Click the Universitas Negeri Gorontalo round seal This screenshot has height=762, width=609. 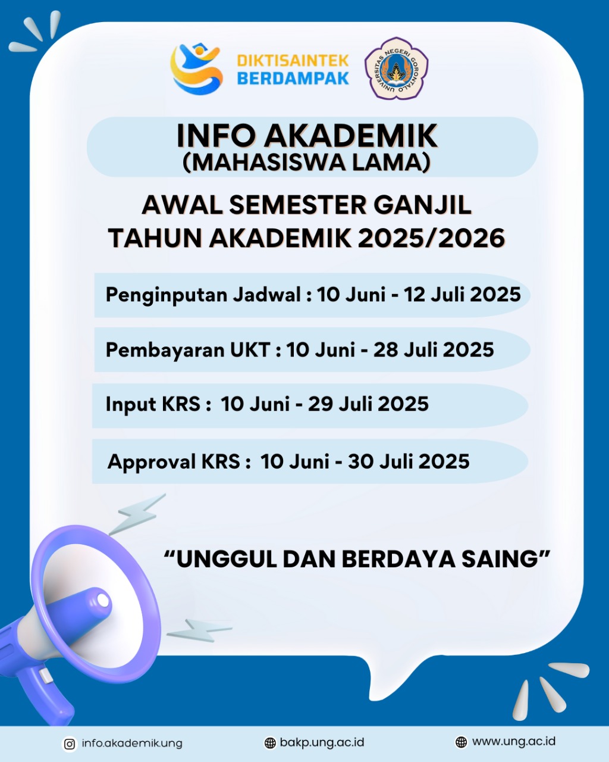[x=396, y=68]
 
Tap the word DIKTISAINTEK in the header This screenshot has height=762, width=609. [x=293, y=61]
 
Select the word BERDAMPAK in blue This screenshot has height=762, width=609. [x=293, y=79]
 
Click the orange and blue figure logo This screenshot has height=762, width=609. [x=196, y=68]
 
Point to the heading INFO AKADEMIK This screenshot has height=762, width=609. [x=307, y=136]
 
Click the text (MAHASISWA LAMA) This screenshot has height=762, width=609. [x=307, y=162]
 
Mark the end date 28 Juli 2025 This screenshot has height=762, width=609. [x=434, y=349]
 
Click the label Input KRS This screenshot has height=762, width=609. [x=153, y=404]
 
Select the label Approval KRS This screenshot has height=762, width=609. [x=174, y=461]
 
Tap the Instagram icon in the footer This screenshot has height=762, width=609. [x=70, y=744]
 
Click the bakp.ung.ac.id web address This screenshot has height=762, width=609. [x=322, y=742]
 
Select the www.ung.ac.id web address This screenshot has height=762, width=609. [x=513, y=742]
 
